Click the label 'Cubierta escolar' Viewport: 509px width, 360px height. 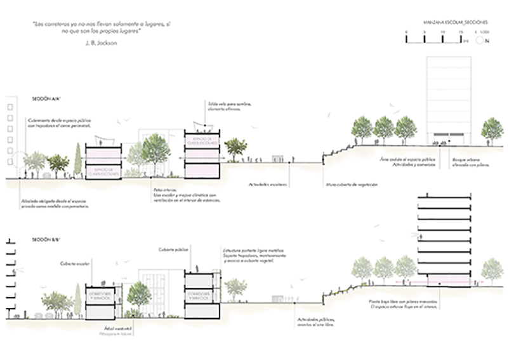(72, 262)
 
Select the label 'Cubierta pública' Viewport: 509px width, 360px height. (169, 250)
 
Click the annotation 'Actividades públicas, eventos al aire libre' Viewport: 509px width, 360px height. (315, 323)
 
